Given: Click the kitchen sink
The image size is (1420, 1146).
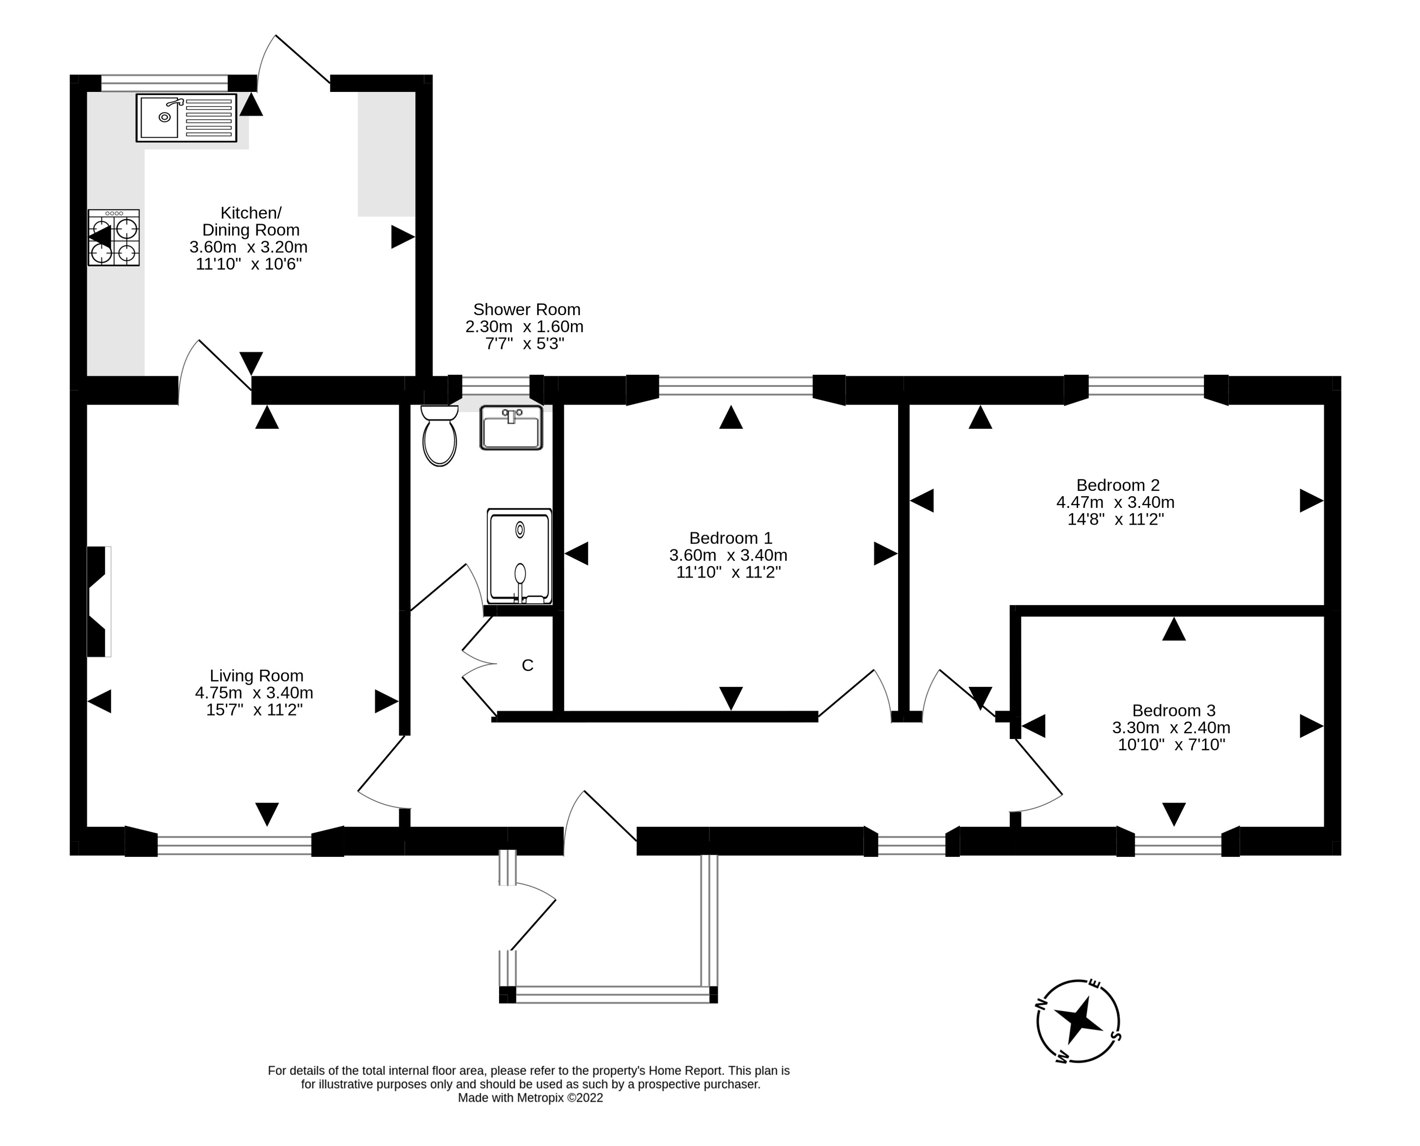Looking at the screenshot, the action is (x=186, y=118).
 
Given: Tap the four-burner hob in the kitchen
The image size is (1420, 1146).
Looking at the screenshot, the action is (x=113, y=238).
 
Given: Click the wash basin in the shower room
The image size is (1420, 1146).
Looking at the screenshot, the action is (x=511, y=428).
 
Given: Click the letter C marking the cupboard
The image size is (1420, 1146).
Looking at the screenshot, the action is (x=528, y=665).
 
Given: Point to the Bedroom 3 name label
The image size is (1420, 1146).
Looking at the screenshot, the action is (x=1173, y=710).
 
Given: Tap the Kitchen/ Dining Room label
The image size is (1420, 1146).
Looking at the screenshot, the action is (x=251, y=221).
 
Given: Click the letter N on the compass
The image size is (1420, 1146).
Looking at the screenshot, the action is (x=1042, y=1004).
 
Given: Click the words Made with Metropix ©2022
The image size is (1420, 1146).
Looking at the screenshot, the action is (x=530, y=1098).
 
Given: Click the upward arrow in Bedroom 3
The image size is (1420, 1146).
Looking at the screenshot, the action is (x=1174, y=629).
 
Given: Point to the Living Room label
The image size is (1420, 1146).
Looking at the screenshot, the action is (x=256, y=676).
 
